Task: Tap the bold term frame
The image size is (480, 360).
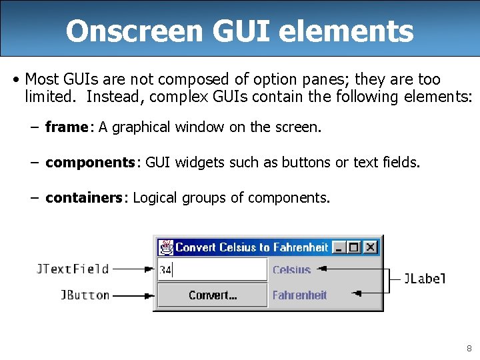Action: pyautogui.click(x=66, y=127)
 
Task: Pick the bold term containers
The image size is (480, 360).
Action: pyautogui.click(x=84, y=197)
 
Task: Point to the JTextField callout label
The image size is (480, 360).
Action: pyautogui.click(x=72, y=269)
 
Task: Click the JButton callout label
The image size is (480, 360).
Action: pyautogui.click(x=85, y=295)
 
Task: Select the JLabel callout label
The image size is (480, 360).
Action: pyautogui.click(x=425, y=279)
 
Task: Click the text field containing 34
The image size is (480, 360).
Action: pyautogui.click(x=212, y=270)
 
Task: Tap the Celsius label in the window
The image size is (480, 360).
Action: pyautogui.click(x=291, y=270)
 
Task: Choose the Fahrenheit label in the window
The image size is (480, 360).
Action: pyautogui.click(x=299, y=295)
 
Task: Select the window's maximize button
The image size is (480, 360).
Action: pyautogui.click(x=355, y=247)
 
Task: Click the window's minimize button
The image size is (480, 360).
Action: pyautogui.click(x=340, y=247)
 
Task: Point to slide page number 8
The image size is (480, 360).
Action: pyautogui.click(x=469, y=348)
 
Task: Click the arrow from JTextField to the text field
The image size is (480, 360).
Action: pyautogui.click(x=133, y=269)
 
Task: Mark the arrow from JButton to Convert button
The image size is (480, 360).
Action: pyautogui.click(x=133, y=295)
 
